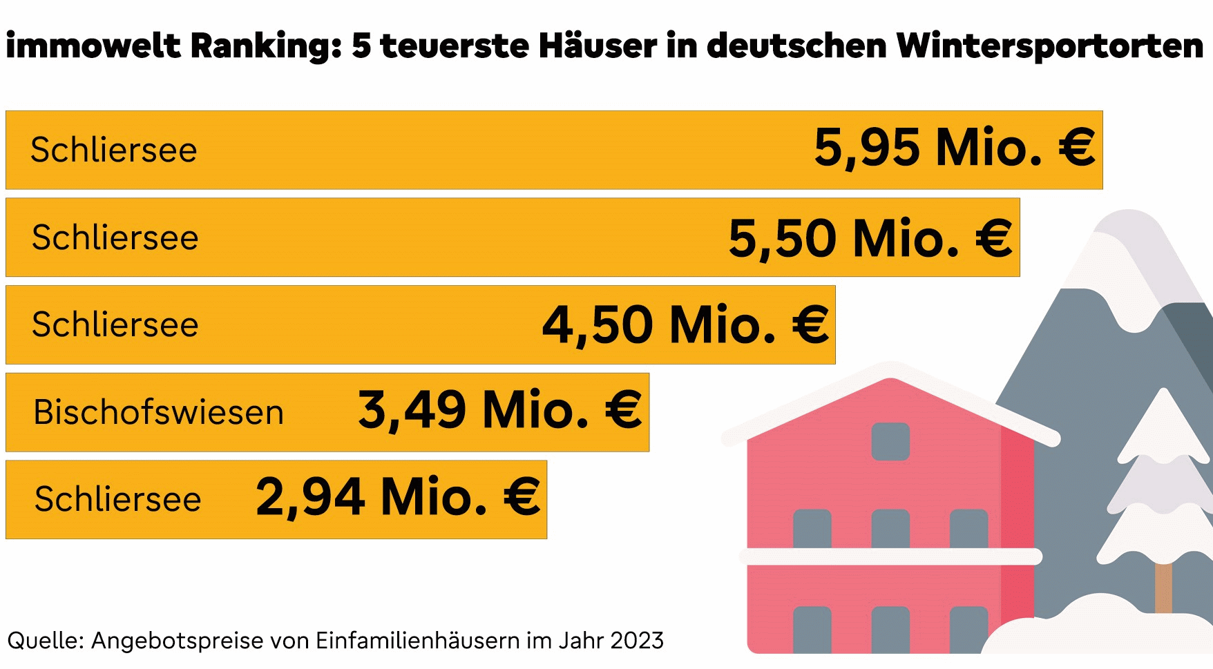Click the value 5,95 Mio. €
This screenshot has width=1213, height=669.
(x=954, y=148)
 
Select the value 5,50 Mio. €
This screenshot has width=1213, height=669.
(x=870, y=239)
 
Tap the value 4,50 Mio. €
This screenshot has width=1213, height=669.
(x=685, y=325)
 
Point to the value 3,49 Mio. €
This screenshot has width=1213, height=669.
(x=499, y=411)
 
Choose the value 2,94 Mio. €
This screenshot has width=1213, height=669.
(x=398, y=497)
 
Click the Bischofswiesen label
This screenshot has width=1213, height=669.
(x=158, y=412)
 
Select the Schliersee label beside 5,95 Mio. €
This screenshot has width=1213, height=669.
(x=114, y=150)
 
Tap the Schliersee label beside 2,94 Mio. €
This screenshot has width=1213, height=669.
(x=117, y=499)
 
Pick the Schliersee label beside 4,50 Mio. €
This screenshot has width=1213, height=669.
(x=115, y=324)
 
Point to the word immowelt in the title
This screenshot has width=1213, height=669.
(x=93, y=46)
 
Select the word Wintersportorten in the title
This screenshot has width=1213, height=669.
(x=1049, y=46)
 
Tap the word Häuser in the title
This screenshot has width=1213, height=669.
(x=598, y=46)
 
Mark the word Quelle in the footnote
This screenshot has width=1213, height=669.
(x=46, y=641)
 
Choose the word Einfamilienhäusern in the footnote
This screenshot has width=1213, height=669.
(x=417, y=641)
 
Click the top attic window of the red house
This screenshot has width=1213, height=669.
(x=890, y=441)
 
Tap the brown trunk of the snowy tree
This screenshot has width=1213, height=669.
(x=1163, y=587)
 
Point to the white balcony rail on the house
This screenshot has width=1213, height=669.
(x=890, y=556)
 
